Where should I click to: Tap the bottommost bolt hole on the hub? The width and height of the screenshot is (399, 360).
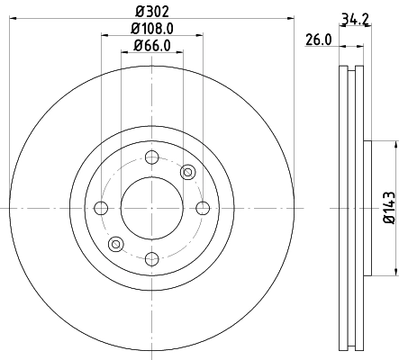pos(151,258)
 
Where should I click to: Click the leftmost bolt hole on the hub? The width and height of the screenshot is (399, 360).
pos(101,208)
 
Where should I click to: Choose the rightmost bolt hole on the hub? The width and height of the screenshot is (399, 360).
pos(202,208)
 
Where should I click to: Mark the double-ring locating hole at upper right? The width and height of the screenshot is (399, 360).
pos(187,172)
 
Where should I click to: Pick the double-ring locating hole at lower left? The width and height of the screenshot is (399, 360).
pos(115,244)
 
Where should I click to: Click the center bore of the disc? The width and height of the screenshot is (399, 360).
pos(151,208)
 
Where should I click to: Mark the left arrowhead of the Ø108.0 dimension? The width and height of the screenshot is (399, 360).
pos(104,36)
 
